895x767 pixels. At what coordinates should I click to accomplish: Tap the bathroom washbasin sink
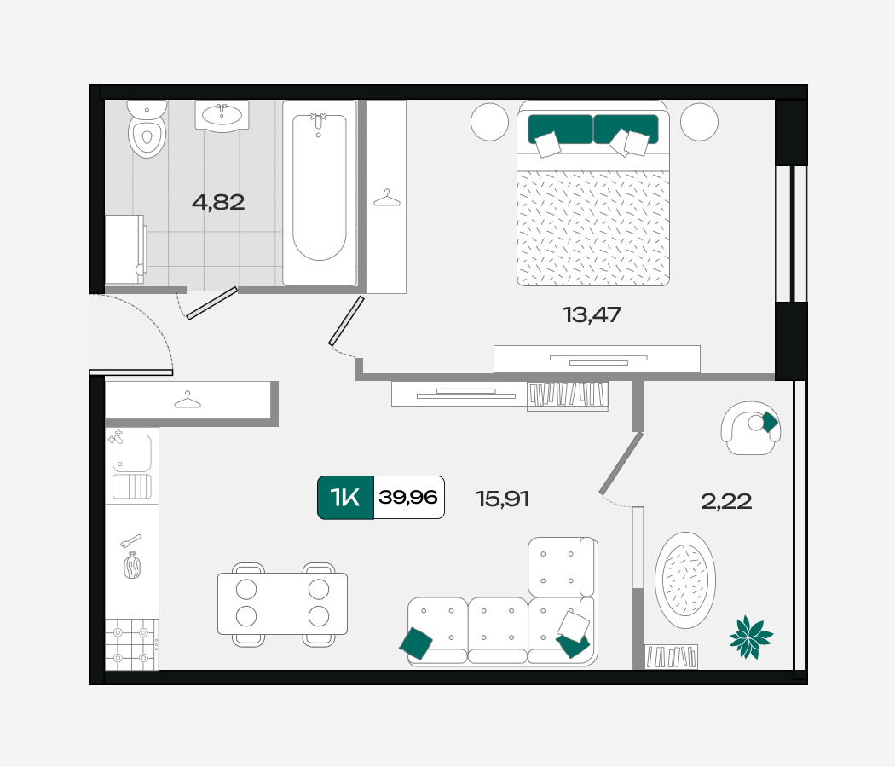[x=222, y=116]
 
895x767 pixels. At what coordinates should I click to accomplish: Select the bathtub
[x=320, y=193]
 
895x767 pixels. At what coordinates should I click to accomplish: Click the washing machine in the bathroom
[x=125, y=250]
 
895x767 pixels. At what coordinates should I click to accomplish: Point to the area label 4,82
[x=218, y=202]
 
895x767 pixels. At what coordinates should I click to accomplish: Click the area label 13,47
[x=592, y=314]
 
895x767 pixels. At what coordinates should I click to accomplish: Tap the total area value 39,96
[x=408, y=497]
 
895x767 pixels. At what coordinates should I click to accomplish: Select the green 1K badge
[x=345, y=497]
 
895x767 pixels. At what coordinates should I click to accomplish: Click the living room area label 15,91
[x=502, y=499]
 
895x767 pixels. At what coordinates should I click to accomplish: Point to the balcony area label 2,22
[x=726, y=501]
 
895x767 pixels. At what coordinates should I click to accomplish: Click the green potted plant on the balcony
[x=751, y=637]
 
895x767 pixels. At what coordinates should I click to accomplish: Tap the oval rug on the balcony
[x=685, y=580]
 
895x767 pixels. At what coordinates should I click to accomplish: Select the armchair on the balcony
[x=751, y=428]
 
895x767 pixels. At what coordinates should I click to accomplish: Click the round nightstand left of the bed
[x=490, y=122]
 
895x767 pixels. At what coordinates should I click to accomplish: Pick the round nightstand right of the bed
[x=699, y=122]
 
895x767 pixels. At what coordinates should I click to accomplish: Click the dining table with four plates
[x=282, y=603]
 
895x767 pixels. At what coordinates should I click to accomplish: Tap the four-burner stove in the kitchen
[x=132, y=645]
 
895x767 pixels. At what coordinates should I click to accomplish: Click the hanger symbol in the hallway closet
[x=188, y=400]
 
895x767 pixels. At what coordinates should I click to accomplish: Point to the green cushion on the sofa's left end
[x=416, y=643]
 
